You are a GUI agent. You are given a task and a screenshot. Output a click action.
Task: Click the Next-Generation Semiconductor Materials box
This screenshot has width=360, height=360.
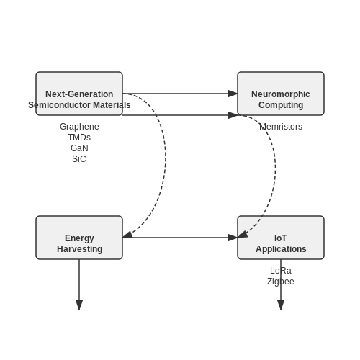pyautogui.click(x=79, y=94)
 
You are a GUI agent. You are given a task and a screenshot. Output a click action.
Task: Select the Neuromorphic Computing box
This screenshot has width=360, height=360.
pyautogui.click(x=281, y=94)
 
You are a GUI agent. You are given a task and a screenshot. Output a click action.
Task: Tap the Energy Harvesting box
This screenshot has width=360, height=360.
pyautogui.click(x=79, y=238)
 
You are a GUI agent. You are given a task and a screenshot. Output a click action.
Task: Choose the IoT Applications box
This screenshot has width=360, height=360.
pyautogui.click(x=281, y=238)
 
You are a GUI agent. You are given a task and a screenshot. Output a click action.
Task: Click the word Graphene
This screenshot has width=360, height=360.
pyautogui.click(x=79, y=127)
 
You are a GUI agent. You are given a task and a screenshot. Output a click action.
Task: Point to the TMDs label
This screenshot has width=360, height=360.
pyautogui.click(x=79, y=138)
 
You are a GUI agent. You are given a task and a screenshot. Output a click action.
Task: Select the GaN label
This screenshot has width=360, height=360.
pyautogui.click(x=79, y=148)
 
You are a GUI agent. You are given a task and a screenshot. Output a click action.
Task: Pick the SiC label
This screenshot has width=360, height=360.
pyautogui.click(x=79, y=159)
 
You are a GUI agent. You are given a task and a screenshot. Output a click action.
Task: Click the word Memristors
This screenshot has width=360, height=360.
pyautogui.click(x=281, y=127)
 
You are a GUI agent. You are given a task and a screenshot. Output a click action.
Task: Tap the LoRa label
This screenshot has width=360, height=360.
pyautogui.click(x=281, y=271)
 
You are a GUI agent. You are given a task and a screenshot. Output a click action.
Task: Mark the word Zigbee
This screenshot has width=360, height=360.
pyautogui.click(x=281, y=282)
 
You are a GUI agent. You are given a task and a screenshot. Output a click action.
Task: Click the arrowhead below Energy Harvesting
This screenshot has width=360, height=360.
pyautogui.click(x=79, y=305)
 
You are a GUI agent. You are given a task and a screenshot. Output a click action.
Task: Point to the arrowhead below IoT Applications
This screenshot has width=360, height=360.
pyautogui.click(x=281, y=305)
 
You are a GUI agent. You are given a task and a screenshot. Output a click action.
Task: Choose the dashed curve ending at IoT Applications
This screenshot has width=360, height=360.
pyautogui.click(x=275, y=168)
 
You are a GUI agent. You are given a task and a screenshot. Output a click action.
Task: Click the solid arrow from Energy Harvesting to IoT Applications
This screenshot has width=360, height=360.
pyautogui.click(x=180, y=238)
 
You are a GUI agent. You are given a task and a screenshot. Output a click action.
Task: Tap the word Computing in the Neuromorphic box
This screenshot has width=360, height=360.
pyautogui.click(x=281, y=105)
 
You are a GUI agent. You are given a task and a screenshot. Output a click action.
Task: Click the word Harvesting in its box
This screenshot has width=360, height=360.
pyautogui.click(x=80, y=249)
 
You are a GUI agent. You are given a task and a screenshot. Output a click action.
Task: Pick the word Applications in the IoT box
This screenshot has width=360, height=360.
pyautogui.click(x=281, y=249)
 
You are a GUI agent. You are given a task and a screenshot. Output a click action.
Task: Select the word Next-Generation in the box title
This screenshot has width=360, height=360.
pyautogui.click(x=79, y=94)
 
